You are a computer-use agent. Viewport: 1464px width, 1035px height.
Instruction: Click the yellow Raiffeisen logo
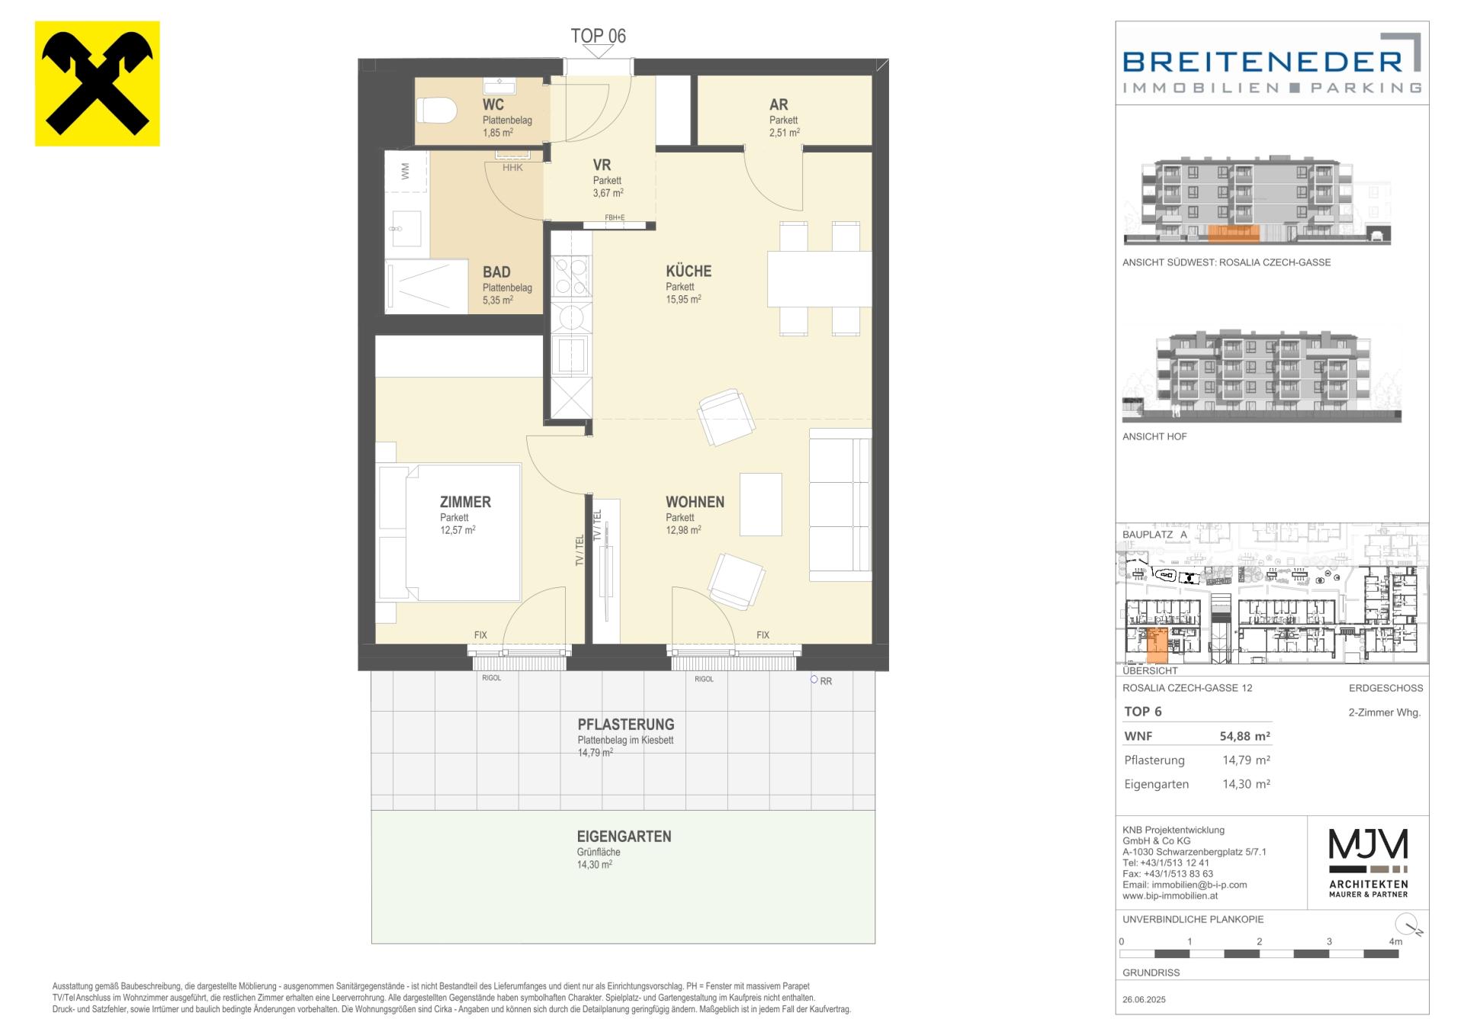pos(98,83)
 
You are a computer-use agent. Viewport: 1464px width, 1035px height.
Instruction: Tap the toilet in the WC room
pos(436,111)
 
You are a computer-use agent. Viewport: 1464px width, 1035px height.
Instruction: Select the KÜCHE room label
pos(689,271)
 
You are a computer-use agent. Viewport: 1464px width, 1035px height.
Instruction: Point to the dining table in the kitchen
pos(819,278)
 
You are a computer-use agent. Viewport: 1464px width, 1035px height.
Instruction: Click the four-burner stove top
pos(570,276)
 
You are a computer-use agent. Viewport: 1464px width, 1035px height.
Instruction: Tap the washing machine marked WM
pos(406,172)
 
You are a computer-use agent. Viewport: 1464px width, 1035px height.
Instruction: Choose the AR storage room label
pos(779,104)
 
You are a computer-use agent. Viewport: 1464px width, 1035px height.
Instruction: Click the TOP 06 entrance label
pos(599,36)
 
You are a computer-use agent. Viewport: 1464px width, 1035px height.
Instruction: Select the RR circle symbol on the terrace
pos(814,680)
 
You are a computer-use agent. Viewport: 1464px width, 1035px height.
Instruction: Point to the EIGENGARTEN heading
pos(624,836)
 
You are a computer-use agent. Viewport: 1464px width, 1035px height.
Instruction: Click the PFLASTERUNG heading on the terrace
pos(626,725)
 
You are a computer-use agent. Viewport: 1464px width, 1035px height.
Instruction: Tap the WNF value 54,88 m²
pos(1245,736)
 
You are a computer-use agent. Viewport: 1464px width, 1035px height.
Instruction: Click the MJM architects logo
pos(1368,863)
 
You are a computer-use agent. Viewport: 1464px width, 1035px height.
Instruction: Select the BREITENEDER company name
pos(1263,61)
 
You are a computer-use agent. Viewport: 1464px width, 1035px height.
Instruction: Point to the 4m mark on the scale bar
pos(1395,942)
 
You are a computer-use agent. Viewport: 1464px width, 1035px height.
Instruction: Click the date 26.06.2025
pos(1144,999)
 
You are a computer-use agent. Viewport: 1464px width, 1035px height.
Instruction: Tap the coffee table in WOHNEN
pos(761,504)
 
